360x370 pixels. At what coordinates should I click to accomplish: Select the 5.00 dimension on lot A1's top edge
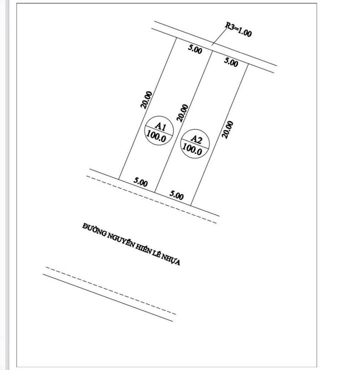pos(195,50)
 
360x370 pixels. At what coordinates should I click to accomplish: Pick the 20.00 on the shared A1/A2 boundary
pos(183,114)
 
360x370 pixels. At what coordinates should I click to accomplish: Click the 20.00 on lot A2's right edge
pos(228,128)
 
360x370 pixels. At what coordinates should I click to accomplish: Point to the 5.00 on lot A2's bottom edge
pos(176,195)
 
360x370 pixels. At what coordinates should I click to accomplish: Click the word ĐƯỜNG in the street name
pos(93,230)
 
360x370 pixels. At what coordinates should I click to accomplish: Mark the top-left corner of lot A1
pos(178,39)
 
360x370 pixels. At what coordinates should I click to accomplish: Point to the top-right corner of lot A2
pos(248,63)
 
